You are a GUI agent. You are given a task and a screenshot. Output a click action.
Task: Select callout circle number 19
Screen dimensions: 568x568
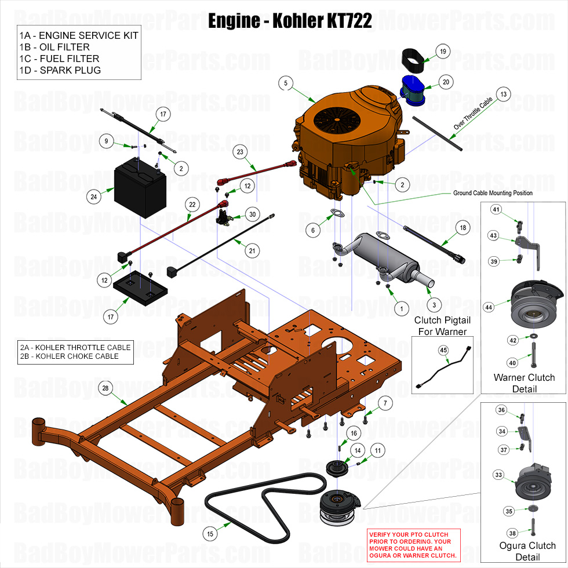[x=443, y=52]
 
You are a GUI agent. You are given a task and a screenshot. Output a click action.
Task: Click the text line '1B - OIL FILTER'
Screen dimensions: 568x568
[x=54, y=47]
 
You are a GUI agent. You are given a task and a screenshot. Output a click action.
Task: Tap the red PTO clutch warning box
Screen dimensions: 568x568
[x=413, y=545]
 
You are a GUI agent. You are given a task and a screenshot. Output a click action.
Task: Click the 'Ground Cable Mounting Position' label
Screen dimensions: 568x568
[x=492, y=193]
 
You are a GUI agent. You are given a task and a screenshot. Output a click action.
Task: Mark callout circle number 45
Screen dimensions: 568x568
[x=443, y=350]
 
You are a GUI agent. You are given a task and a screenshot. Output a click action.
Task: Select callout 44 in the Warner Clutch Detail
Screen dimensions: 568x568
[x=489, y=307]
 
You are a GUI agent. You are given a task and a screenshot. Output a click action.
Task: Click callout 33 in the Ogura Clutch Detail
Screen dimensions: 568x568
[x=498, y=475]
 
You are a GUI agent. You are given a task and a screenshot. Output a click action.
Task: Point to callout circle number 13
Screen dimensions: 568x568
[x=504, y=93]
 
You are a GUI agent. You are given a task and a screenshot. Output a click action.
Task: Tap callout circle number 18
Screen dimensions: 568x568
[x=463, y=228]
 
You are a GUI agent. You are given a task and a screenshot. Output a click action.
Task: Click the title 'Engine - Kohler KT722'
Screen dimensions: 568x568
[x=290, y=21]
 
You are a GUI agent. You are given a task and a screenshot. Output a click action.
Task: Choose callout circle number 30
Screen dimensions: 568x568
[x=252, y=214]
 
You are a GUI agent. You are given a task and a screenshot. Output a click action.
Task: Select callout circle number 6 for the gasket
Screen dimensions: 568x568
[x=313, y=230]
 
